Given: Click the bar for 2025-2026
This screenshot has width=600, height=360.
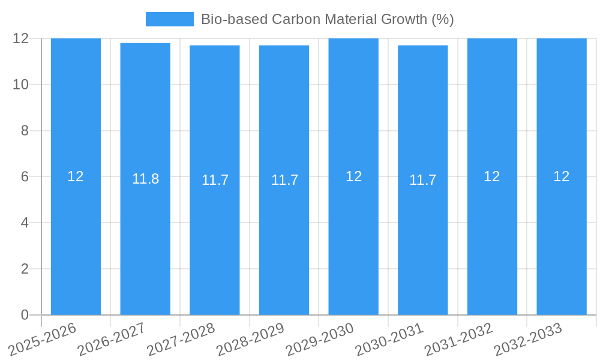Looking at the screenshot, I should (76, 240).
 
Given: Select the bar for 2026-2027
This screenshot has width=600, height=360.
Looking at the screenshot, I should (145, 240).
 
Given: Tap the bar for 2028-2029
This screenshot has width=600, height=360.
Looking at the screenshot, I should (284, 240).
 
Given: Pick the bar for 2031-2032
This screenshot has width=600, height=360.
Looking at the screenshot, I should (492, 240).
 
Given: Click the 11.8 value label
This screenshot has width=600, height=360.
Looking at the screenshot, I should (145, 179).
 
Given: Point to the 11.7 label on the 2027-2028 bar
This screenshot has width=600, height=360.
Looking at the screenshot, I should (215, 180).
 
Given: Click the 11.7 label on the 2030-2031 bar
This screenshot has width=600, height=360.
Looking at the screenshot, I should (422, 180).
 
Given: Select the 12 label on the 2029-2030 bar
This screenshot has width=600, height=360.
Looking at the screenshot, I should (353, 176).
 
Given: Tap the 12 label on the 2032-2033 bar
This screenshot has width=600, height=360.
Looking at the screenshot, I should (561, 176).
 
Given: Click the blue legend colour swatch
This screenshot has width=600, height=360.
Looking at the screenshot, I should (170, 19).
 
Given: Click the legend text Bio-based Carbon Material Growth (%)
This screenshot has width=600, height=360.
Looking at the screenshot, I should (327, 19).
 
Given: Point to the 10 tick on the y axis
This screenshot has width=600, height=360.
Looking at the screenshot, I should (21, 85).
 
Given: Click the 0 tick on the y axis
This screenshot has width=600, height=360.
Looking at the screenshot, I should (25, 315).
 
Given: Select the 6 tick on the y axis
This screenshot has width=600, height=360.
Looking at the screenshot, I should (25, 177).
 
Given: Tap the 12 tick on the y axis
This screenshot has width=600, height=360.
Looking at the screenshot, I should (21, 38).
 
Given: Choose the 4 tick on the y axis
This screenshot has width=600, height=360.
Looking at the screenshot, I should (25, 223).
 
